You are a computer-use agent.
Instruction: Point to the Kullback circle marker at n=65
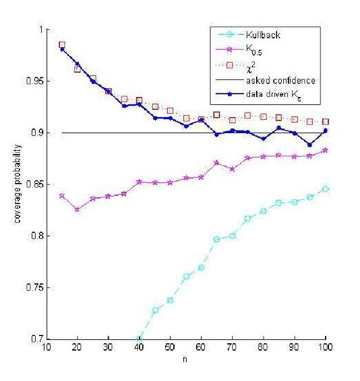217,239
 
